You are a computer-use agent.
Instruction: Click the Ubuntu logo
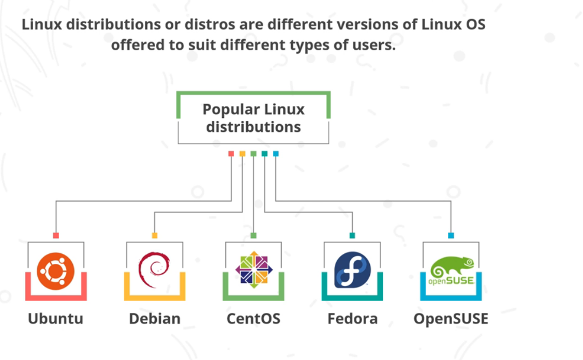(x=55, y=271)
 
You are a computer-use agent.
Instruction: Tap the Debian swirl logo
(x=154, y=270)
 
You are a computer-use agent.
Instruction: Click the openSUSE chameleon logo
(x=452, y=272)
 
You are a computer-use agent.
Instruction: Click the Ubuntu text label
(x=55, y=318)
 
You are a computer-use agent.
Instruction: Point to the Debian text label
(x=155, y=318)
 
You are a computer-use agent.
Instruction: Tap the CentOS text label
(x=253, y=318)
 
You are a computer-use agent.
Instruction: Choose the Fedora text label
(x=352, y=318)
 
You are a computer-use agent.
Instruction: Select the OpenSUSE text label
(x=451, y=318)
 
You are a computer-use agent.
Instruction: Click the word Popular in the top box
(x=231, y=110)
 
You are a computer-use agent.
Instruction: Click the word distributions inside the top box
(x=253, y=127)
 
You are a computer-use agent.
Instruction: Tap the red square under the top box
(x=231, y=154)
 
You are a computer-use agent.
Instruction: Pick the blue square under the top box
(x=276, y=154)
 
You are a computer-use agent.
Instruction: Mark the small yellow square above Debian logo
(x=155, y=235)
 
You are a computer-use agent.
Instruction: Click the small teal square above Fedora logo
(x=352, y=235)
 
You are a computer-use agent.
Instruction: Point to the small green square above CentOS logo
(x=253, y=235)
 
